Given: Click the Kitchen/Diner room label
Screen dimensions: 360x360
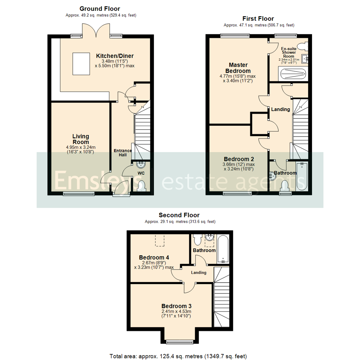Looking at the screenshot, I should pyautogui.click(x=115, y=55).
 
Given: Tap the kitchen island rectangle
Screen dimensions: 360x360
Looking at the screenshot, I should pyautogui.click(x=81, y=64).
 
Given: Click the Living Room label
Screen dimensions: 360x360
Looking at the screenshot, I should pyautogui.click(x=81, y=139).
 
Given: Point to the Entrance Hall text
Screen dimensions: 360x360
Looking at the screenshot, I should pyautogui.click(x=123, y=153).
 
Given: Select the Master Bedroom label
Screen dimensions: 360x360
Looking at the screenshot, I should pyautogui.click(x=238, y=68).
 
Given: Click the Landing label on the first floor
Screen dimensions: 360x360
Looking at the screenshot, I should pyautogui.click(x=280, y=109).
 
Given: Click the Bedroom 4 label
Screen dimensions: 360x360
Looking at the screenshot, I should pyautogui.click(x=154, y=257).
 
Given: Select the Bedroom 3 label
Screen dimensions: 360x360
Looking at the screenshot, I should pyautogui.click(x=176, y=306).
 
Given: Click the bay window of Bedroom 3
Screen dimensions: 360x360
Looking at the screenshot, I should pyautogui.click(x=180, y=342).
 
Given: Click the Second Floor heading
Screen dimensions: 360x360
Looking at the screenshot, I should pyautogui.click(x=179, y=215).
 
